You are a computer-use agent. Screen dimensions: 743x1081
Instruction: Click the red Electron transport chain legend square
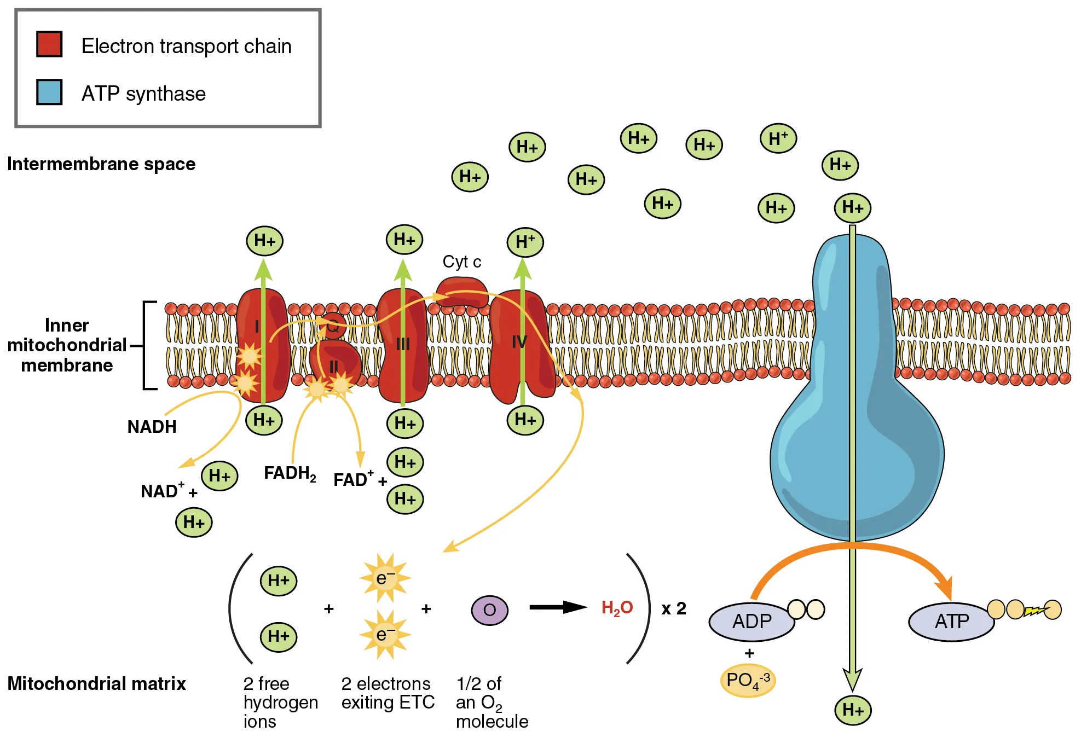[x=49, y=44]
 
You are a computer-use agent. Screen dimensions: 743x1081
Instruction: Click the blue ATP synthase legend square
[x=49, y=92]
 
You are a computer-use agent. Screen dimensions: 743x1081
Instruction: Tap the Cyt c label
[x=461, y=262]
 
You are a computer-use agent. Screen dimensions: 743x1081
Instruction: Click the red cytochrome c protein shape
[x=461, y=291]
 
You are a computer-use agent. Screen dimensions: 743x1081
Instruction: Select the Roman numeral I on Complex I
[x=257, y=327]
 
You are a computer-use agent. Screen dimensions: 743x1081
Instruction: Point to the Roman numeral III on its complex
[x=403, y=344]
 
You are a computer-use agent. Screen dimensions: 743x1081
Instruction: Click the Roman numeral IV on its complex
[x=519, y=343]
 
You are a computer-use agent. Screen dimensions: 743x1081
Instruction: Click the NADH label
[x=152, y=427]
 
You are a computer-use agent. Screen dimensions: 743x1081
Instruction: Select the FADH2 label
[x=290, y=473]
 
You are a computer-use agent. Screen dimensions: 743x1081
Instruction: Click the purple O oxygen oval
[x=489, y=610]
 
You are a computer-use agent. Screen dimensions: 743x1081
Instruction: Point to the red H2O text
[x=617, y=608]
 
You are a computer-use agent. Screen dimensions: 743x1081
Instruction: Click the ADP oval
[x=752, y=622]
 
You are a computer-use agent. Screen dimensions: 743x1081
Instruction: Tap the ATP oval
[x=951, y=622]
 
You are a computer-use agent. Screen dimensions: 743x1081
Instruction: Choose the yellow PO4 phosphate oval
[x=748, y=681]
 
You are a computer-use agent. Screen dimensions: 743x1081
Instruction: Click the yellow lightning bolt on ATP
[x=1034, y=611]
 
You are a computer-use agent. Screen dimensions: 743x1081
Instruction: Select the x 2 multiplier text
[x=673, y=608]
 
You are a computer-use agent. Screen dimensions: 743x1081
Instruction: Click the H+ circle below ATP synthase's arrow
[x=852, y=710]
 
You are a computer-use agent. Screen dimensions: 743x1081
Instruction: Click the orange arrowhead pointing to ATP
[x=945, y=588]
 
